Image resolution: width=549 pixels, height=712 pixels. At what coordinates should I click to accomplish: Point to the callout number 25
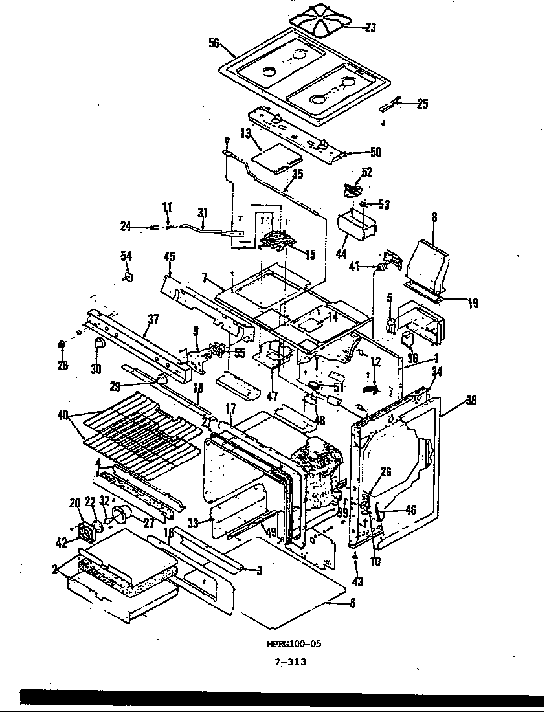coord(421,104)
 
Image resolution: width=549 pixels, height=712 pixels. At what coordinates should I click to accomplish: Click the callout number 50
coord(375,152)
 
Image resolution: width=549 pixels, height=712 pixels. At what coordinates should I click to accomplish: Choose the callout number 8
coord(434,218)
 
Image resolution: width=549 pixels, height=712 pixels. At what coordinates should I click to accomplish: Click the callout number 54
coord(126,258)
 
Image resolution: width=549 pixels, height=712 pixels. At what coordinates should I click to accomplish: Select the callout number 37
coord(152,318)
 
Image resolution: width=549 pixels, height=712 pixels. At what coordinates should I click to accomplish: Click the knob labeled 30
coord(99,343)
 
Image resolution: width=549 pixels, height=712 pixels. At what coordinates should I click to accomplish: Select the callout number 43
coord(357,582)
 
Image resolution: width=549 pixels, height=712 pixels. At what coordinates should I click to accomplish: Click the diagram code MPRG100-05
coord(293,643)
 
